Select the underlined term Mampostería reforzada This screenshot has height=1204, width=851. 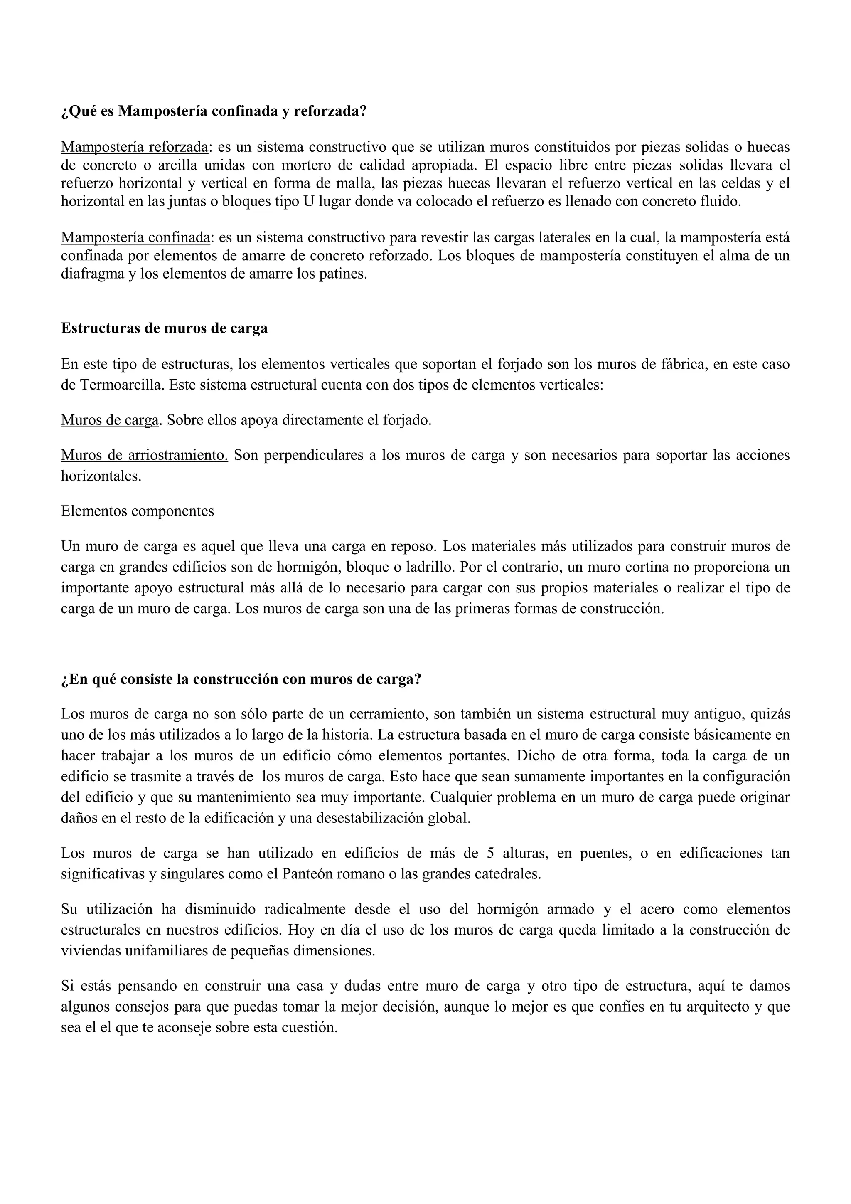coord(135,147)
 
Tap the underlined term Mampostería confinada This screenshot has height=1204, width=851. coord(135,237)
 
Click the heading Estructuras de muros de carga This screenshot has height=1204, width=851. coord(164,328)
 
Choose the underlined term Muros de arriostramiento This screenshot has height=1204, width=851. coord(144,455)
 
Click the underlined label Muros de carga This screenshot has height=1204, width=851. coord(110,420)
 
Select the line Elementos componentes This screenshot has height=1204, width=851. coord(137,511)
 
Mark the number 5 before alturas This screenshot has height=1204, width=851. coord(490,853)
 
